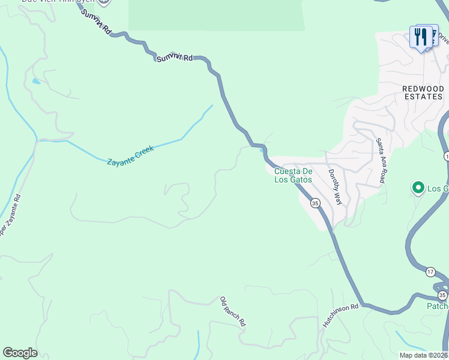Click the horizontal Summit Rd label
(x=175, y=58)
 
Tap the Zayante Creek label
(x=130, y=155)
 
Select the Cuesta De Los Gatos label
(x=294, y=175)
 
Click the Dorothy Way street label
(x=334, y=187)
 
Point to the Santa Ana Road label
(x=380, y=161)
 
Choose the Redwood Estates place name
(x=423, y=92)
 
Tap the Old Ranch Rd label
(x=233, y=311)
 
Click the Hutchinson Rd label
(x=340, y=314)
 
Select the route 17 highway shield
(x=430, y=272)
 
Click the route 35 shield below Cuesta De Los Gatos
(x=315, y=203)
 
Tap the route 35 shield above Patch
(x=442, y=295)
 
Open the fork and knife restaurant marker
(x=422, y=37)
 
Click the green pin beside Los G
(x=418, y=188)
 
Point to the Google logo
(x=20, y=353)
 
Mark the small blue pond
(x=37, y=81)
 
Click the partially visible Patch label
(x=438, y=306)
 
